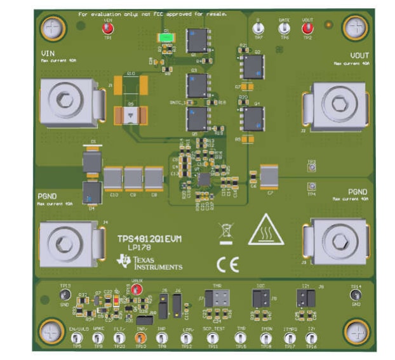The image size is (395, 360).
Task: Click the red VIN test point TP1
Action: click(x=107, y=29)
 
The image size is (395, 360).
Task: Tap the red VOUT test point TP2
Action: click(x=307, y=29)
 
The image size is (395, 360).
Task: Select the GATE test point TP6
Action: click(x=284, y=29)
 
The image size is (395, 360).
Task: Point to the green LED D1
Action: click(x=166, y=37)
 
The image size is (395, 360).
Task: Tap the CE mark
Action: click(x=228, y=264)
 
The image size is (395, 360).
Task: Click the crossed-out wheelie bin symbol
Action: click(x=225, y=232)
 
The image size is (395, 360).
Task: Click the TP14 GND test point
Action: click(x=355, y=295)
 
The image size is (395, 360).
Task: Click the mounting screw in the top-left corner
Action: click(x=51, y=27)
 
